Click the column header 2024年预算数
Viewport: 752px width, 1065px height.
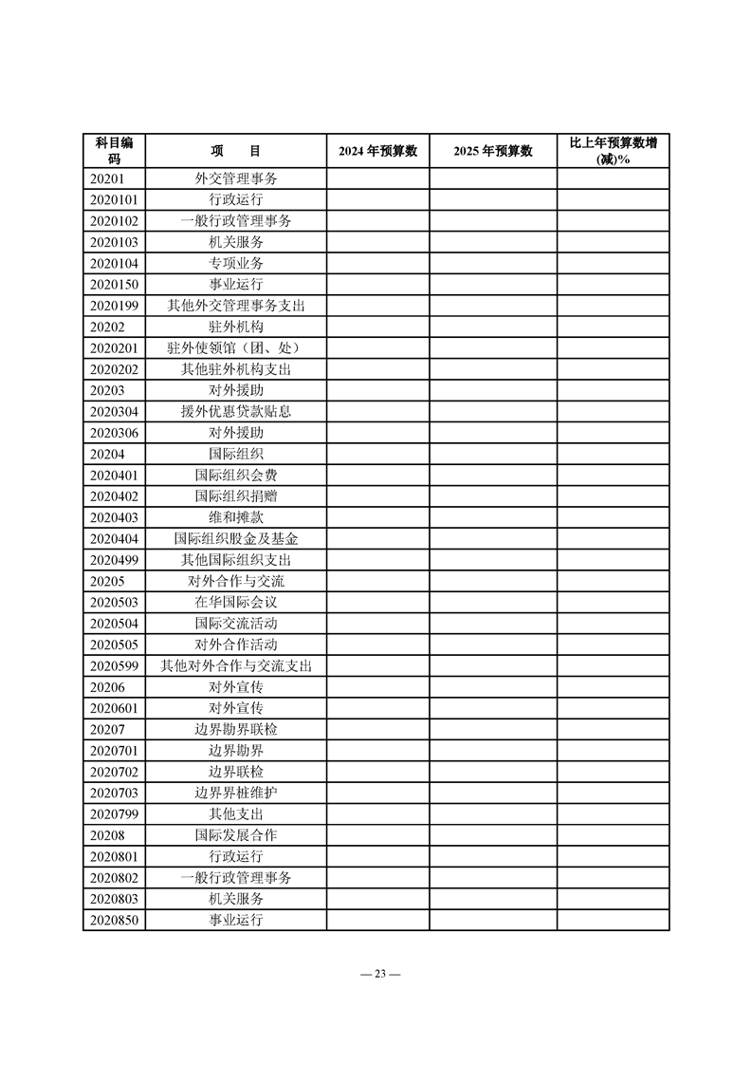point(377,151)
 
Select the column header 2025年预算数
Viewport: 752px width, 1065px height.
point(492,151)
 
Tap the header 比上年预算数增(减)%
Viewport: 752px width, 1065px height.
point(613,151)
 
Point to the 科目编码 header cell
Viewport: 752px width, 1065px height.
point(114,151)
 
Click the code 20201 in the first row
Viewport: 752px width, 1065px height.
point(106,178)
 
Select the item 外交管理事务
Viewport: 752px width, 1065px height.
point(235,178)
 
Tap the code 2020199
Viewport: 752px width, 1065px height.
point(114,306)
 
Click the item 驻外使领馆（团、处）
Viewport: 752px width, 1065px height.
point(235,348)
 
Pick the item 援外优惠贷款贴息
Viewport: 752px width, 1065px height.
point(235,412)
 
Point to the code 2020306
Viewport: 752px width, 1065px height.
point(114,433)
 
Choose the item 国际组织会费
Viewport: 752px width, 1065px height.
point(235,476)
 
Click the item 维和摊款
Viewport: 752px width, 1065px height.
point(235,517)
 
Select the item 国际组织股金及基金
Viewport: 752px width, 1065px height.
point(235,539)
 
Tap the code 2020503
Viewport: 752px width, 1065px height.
point(114,603)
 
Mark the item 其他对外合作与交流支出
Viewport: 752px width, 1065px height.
point(235,666)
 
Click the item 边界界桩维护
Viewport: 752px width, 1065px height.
point(235,794)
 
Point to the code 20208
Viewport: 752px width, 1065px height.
point(106,835)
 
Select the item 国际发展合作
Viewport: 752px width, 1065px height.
point(235,835)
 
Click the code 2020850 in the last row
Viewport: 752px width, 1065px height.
point(114,921)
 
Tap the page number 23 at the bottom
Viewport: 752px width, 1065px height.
point(376,974)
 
